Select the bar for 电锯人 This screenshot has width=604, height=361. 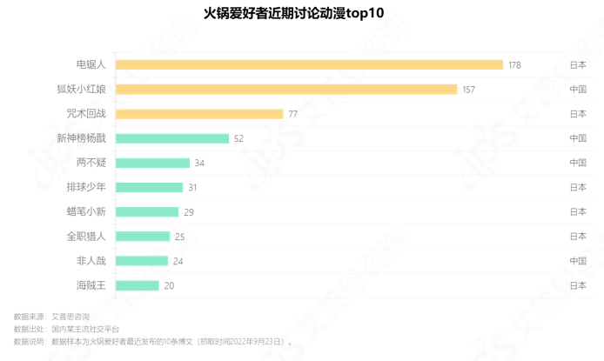coord(309,64)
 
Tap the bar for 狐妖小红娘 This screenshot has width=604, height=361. coord(286,90)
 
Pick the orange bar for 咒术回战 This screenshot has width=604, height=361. coord(199,114)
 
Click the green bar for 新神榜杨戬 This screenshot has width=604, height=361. coord(172,138)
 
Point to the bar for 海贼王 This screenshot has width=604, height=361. coord(138,285)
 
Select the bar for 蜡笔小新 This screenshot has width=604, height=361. coord(147,211)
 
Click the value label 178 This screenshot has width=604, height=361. coord(514,65)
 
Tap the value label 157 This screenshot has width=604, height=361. coord(468,90)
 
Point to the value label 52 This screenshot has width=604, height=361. coord(238,138)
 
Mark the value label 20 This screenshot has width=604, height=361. coord(169,285)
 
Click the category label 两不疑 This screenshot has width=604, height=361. coord(91,163)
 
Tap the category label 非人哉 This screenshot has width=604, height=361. coord(91,260)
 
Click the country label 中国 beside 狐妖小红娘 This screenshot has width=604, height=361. coord(578,90)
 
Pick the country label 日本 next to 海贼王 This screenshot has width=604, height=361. coord(578,285)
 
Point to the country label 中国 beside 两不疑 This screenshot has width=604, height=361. coord(578,163)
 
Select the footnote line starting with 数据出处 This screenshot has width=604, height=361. coord(66,329)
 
